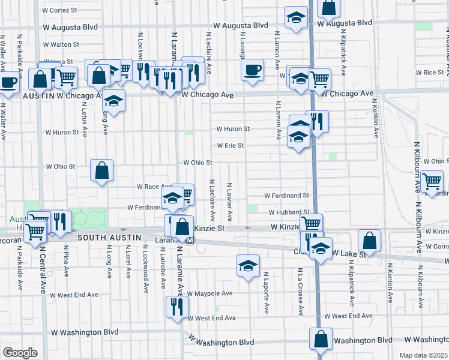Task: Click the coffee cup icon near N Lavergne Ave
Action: tap(252, 69)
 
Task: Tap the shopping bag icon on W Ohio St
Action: tap(102, 170)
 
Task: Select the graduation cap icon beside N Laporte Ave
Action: tap(247, 266)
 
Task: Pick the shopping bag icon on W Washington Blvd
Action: tap(321, 339)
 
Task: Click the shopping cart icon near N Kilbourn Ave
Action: tap(432, 182)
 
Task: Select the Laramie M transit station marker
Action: tap(190, 241)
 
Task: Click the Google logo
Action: tap(19, 353)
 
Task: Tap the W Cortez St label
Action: tap(60, 10)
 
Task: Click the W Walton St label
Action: tap(61, 44)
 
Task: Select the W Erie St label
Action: tap(231, 145)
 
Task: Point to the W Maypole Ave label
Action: tap(209, 293)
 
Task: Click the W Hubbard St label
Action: tap(289, 212)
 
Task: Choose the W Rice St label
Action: tap(429, 72)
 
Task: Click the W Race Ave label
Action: tap(155, 187)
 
